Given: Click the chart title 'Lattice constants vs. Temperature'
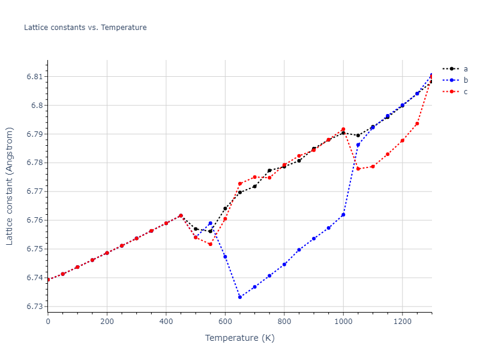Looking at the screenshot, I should (85, 28).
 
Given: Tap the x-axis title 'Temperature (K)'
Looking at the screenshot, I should (239, 338).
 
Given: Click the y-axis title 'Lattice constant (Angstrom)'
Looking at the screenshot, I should (10, 186).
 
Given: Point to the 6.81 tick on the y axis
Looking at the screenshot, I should (34, 77).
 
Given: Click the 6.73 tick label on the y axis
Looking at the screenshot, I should (34, 307).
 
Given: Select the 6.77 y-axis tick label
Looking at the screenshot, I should (34, 191).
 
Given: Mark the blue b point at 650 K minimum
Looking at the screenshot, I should (240, 297).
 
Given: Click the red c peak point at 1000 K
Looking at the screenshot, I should (343, 130).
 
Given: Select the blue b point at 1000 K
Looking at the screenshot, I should (343, 215).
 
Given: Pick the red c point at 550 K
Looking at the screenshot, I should (210, 244).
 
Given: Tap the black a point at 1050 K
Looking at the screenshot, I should (358, 136).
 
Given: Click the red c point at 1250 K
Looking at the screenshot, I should (417, 124).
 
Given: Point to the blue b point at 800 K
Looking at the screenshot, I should (284, 265).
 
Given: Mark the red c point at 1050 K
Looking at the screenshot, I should (358, 169).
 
